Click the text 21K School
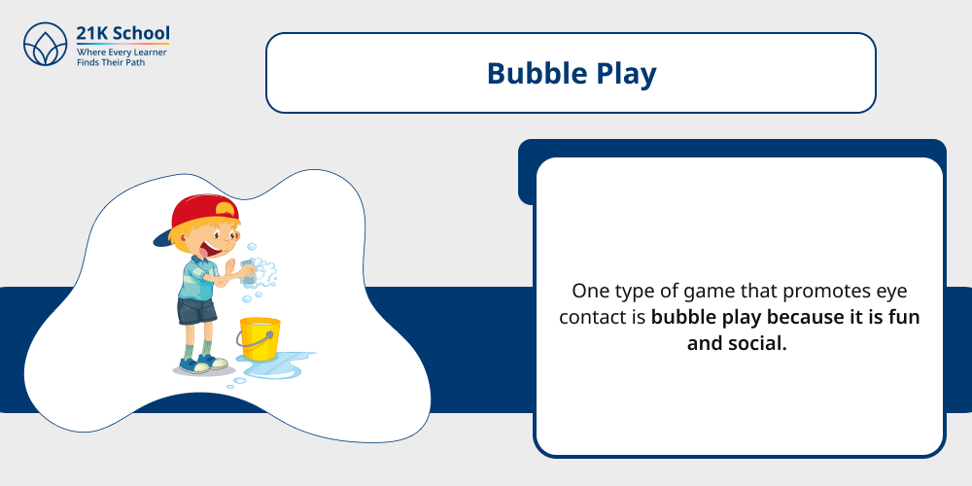122,34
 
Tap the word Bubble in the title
531,74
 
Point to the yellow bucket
260,339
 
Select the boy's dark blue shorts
197,310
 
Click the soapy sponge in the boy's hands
251,269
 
